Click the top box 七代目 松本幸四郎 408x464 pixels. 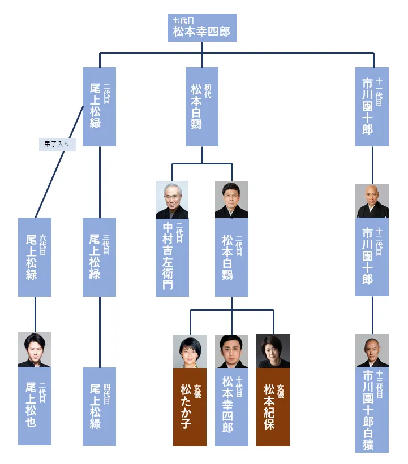[201, 28]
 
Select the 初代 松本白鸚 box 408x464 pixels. [202, 107]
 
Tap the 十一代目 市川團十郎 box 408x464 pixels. [372, 107]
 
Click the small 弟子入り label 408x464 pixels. [57, 144]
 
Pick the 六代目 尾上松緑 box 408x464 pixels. [35, 257]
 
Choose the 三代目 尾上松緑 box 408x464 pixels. [99, 257]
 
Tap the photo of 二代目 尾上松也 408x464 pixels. [35, 349]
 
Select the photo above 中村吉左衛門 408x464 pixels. [172, 200]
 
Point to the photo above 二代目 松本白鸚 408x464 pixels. [231, 200]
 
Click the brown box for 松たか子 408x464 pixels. [190, 407]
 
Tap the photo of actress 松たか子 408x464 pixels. [190, 351]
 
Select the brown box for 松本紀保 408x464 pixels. [273, 407]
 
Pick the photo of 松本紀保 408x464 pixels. [273, 351]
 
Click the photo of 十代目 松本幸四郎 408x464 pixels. [231, 351]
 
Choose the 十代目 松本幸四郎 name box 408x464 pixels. [231, 407]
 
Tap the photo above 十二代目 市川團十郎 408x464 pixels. [372, 201]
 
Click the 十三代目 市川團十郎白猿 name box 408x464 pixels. [372, 409]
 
